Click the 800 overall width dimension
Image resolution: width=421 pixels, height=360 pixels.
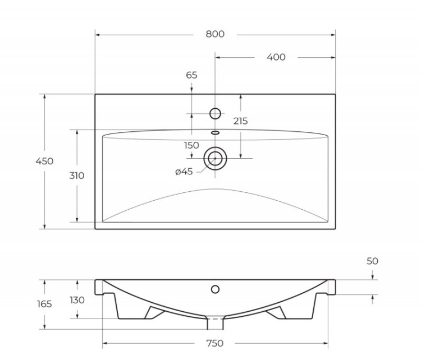coord(214,34)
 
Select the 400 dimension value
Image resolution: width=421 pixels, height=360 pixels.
coord(276,57)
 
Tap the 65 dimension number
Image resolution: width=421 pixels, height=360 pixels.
coord(191,75)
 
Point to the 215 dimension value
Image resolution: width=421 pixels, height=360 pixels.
coord(240,121)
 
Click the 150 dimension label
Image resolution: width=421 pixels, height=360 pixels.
coord(191,145)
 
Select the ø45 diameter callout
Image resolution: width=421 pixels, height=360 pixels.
coord(184,172)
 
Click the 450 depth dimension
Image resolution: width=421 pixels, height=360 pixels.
coord(44,161)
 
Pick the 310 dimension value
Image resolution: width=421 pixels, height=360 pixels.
coord(76,176)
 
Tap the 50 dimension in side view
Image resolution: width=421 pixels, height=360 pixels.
coord(372,261)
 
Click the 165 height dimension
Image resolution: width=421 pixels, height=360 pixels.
coord(44,304)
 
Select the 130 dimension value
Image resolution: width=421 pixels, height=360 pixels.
coord(77,300)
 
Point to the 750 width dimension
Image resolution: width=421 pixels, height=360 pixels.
coord(214,343)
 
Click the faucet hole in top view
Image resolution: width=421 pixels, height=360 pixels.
coord(215,113)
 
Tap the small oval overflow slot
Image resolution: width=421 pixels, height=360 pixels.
coord(215,133)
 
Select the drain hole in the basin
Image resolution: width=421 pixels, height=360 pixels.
coord(215,159)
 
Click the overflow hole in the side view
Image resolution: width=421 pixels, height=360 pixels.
coord(215,289)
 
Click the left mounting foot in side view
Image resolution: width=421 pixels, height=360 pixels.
coord(152,312)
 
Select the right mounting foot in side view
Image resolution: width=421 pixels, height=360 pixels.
coord(277,312)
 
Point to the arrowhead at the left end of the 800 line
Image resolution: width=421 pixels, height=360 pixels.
coord(98,35)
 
